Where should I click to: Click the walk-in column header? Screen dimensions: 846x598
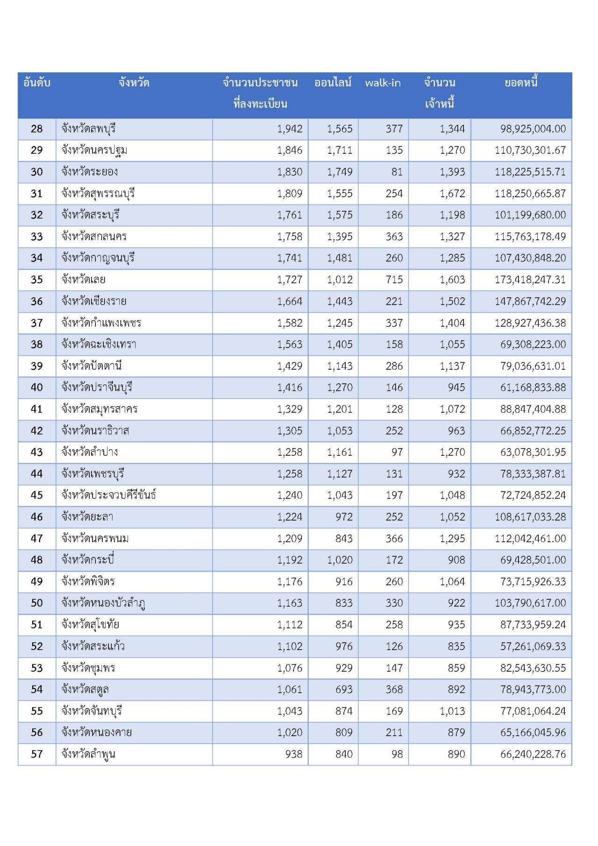383,83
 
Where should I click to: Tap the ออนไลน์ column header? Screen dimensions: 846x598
333,83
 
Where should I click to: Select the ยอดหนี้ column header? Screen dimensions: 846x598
521,83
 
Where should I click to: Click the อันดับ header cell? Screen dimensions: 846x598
36,83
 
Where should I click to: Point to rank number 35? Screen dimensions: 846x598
36,280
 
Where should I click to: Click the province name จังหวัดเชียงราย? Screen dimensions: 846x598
94,301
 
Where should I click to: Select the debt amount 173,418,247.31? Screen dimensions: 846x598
530,280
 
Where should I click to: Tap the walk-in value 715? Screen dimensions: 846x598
394,280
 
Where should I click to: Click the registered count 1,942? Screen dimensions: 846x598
290,129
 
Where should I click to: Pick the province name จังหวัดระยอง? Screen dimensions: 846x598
90,172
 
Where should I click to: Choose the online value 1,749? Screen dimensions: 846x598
340,172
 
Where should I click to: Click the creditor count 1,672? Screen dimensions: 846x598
452,193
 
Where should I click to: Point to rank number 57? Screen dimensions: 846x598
36,754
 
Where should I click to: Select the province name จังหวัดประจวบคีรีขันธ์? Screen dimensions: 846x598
108,495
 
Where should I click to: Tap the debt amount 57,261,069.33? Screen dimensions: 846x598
533,646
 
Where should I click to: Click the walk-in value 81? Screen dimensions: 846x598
397,172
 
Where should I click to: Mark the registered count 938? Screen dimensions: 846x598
293,754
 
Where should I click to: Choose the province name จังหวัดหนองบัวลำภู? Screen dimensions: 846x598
103,603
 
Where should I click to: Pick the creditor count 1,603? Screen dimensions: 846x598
452,280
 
